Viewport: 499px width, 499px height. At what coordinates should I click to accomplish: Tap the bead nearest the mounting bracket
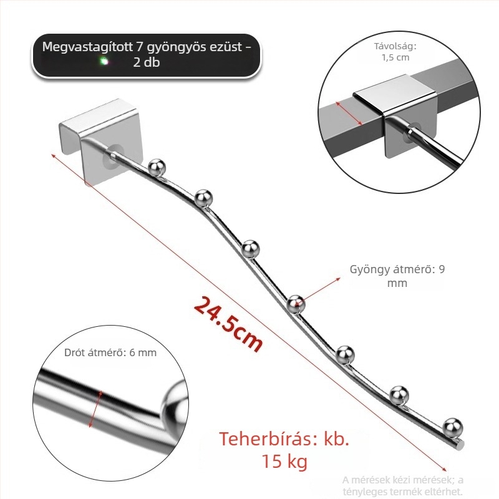[157, 167]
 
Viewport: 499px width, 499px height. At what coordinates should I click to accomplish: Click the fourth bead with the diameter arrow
[296, 304]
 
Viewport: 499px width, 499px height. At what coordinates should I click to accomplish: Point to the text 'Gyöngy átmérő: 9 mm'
[397, 276]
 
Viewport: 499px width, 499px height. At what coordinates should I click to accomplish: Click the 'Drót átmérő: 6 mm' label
[110, 352]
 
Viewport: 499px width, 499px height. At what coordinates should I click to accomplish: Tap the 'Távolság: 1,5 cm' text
[395, 52]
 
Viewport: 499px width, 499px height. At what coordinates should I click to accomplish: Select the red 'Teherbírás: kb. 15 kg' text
[284, 450]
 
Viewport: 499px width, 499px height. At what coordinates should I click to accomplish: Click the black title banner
[146, 56]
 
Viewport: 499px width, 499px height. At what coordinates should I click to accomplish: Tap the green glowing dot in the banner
[104, 61]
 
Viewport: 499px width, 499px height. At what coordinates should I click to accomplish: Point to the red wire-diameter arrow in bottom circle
[96, 409]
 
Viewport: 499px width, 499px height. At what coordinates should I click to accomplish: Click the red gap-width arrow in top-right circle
[349, 114]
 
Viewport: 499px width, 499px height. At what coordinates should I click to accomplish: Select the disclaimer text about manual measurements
[402, 485]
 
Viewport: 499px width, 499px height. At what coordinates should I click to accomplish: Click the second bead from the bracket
[203, 198]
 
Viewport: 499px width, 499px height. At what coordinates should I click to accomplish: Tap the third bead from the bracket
[251, 248]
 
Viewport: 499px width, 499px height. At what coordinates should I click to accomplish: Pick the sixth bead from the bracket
[399, 395]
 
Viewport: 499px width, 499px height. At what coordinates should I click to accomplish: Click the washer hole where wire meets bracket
[114, 154]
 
